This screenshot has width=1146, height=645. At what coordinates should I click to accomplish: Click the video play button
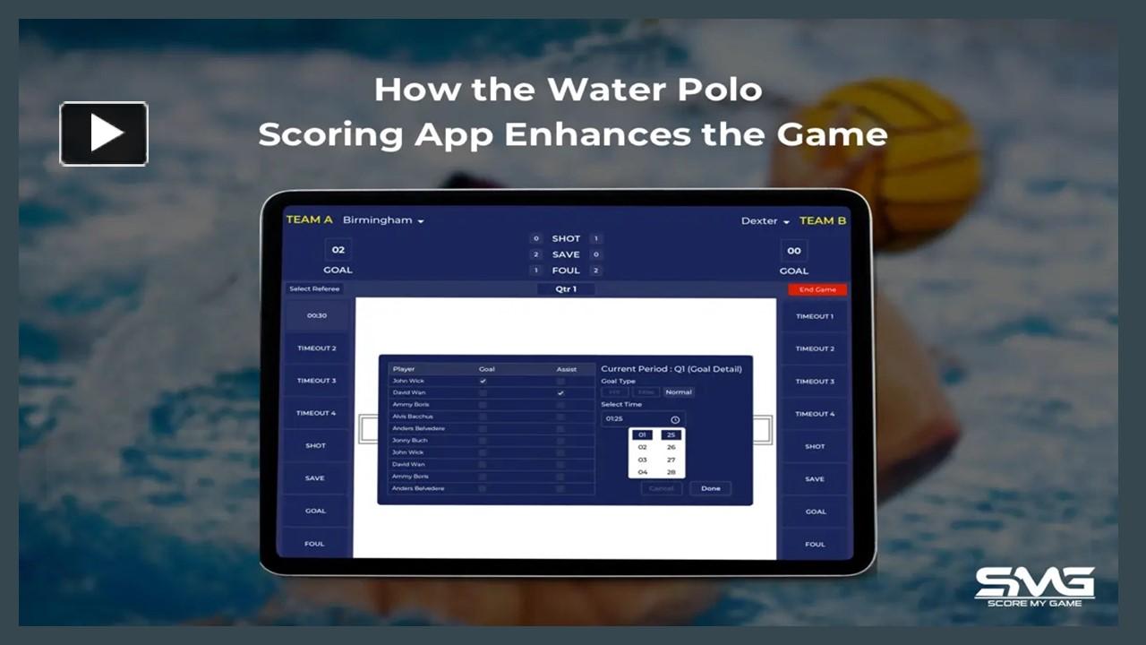coord(104,133)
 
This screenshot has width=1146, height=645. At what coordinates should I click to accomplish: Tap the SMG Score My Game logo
coord(1034,586)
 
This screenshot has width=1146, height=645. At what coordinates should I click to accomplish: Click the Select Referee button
coord(314,289)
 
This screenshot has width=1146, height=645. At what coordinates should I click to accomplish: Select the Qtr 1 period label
coord(566,289)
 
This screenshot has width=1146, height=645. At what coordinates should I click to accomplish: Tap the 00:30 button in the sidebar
coord(316,315)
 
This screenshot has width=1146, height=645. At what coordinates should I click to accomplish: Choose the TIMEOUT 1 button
coord(814,316)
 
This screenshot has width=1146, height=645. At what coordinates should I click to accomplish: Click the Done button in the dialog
coord(710,488)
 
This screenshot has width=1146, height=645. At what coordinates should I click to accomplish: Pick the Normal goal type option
coord(679,392)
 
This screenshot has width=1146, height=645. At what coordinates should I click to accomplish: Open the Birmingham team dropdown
coord(383,220)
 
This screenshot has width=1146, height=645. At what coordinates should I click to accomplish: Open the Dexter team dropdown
coord(765,221)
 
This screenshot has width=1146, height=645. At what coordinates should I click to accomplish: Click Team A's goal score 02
coord(338,250)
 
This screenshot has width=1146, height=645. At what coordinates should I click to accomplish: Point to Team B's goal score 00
coord(793,251)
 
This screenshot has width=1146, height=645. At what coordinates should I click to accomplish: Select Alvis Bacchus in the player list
coord(413,417)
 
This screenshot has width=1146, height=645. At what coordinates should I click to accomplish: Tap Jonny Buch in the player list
coord(410,441)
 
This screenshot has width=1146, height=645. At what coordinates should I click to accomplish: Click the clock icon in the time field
coord(675,419)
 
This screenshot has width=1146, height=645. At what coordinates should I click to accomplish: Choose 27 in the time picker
coord(671,460)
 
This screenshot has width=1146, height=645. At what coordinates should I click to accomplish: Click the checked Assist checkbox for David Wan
coord(560,392)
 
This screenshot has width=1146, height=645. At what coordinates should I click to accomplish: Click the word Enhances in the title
coord(595,134)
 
